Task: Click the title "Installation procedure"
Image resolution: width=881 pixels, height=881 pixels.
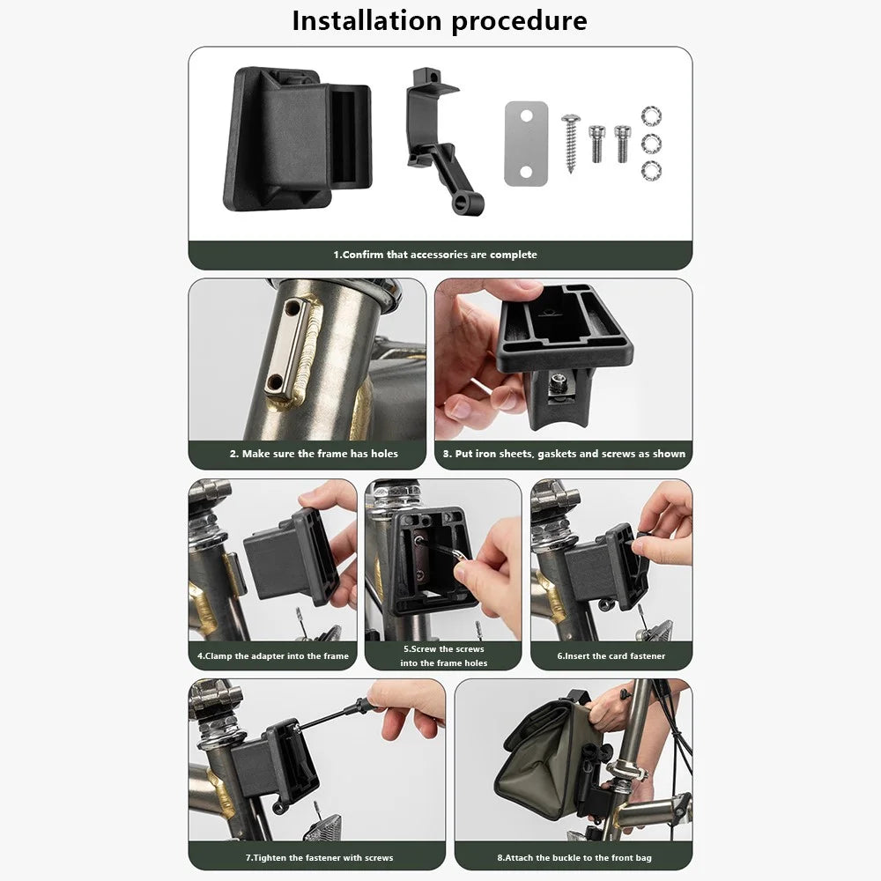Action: tap(440, 21)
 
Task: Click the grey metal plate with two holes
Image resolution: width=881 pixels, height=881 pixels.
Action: tap(526, 144)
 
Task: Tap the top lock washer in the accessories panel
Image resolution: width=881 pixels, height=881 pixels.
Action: tap(651, 115)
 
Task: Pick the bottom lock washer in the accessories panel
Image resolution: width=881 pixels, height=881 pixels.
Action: tap(651, 171)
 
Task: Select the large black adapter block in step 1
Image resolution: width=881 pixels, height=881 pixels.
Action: tap(297, 139)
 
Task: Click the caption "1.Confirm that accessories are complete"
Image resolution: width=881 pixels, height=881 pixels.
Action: tap(435, 255)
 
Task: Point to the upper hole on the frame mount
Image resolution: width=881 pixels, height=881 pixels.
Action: tap(292, 307)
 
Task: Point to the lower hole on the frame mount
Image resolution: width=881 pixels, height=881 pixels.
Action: tap(275, 382)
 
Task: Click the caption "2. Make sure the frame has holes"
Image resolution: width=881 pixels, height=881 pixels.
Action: tap(314, 454)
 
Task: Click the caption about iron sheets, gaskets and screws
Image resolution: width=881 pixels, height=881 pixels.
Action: tap(564, 454)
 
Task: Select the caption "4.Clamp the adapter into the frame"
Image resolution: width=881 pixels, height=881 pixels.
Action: tap(272, 655)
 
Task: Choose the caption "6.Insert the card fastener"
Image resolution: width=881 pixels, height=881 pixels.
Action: tap(611, 655)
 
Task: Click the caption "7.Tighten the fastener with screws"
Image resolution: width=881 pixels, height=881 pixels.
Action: tap(319, 857)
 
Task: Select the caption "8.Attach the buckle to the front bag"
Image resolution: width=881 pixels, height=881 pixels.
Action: tap(574, 857)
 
